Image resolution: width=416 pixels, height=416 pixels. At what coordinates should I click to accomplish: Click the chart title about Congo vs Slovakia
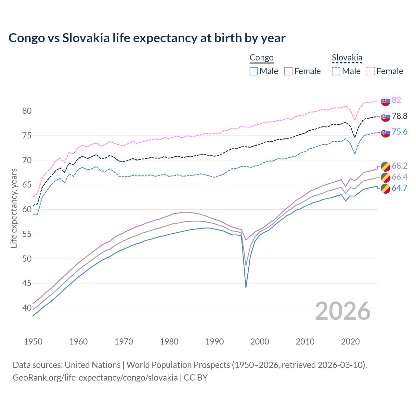pos(147,38)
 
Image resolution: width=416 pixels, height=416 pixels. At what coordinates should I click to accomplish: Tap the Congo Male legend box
pos(254,71)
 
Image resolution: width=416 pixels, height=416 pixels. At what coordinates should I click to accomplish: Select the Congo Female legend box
pos(288,71)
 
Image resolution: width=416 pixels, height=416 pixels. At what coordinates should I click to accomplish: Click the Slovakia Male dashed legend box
pos(336,71)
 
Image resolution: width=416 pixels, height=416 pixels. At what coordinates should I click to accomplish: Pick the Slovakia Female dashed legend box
pos(371,71)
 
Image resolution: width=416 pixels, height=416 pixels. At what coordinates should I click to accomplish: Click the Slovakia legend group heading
pos(347,58)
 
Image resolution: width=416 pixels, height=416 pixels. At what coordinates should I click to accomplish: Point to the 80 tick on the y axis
pos(27,111)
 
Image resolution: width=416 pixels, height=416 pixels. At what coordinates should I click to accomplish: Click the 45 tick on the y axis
pos(27,283)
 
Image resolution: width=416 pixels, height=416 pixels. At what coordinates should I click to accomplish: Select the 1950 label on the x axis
pos(33,342)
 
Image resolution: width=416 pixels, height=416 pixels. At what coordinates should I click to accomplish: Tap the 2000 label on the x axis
pos(260,342)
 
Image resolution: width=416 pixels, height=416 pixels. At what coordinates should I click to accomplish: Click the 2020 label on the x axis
pos(350,342)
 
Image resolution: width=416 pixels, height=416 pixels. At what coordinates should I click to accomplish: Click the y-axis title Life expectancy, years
pos(14,208)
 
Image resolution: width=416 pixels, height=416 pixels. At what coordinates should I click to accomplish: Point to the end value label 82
pos(396,100)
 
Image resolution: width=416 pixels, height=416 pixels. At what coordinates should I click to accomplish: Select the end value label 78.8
pos(399,116)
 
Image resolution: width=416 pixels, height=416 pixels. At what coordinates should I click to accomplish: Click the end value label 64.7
pos(399,188)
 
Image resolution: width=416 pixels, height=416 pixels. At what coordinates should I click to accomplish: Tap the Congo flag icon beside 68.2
pos(385,166)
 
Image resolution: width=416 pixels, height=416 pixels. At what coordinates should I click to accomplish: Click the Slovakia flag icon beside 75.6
pos(385,132)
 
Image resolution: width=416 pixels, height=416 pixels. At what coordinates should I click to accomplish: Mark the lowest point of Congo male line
pos(246,287)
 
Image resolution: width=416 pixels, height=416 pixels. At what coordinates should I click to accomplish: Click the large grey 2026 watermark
pos(343,311)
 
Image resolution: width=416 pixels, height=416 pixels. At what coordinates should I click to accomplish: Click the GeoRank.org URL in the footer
pos(95,378)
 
